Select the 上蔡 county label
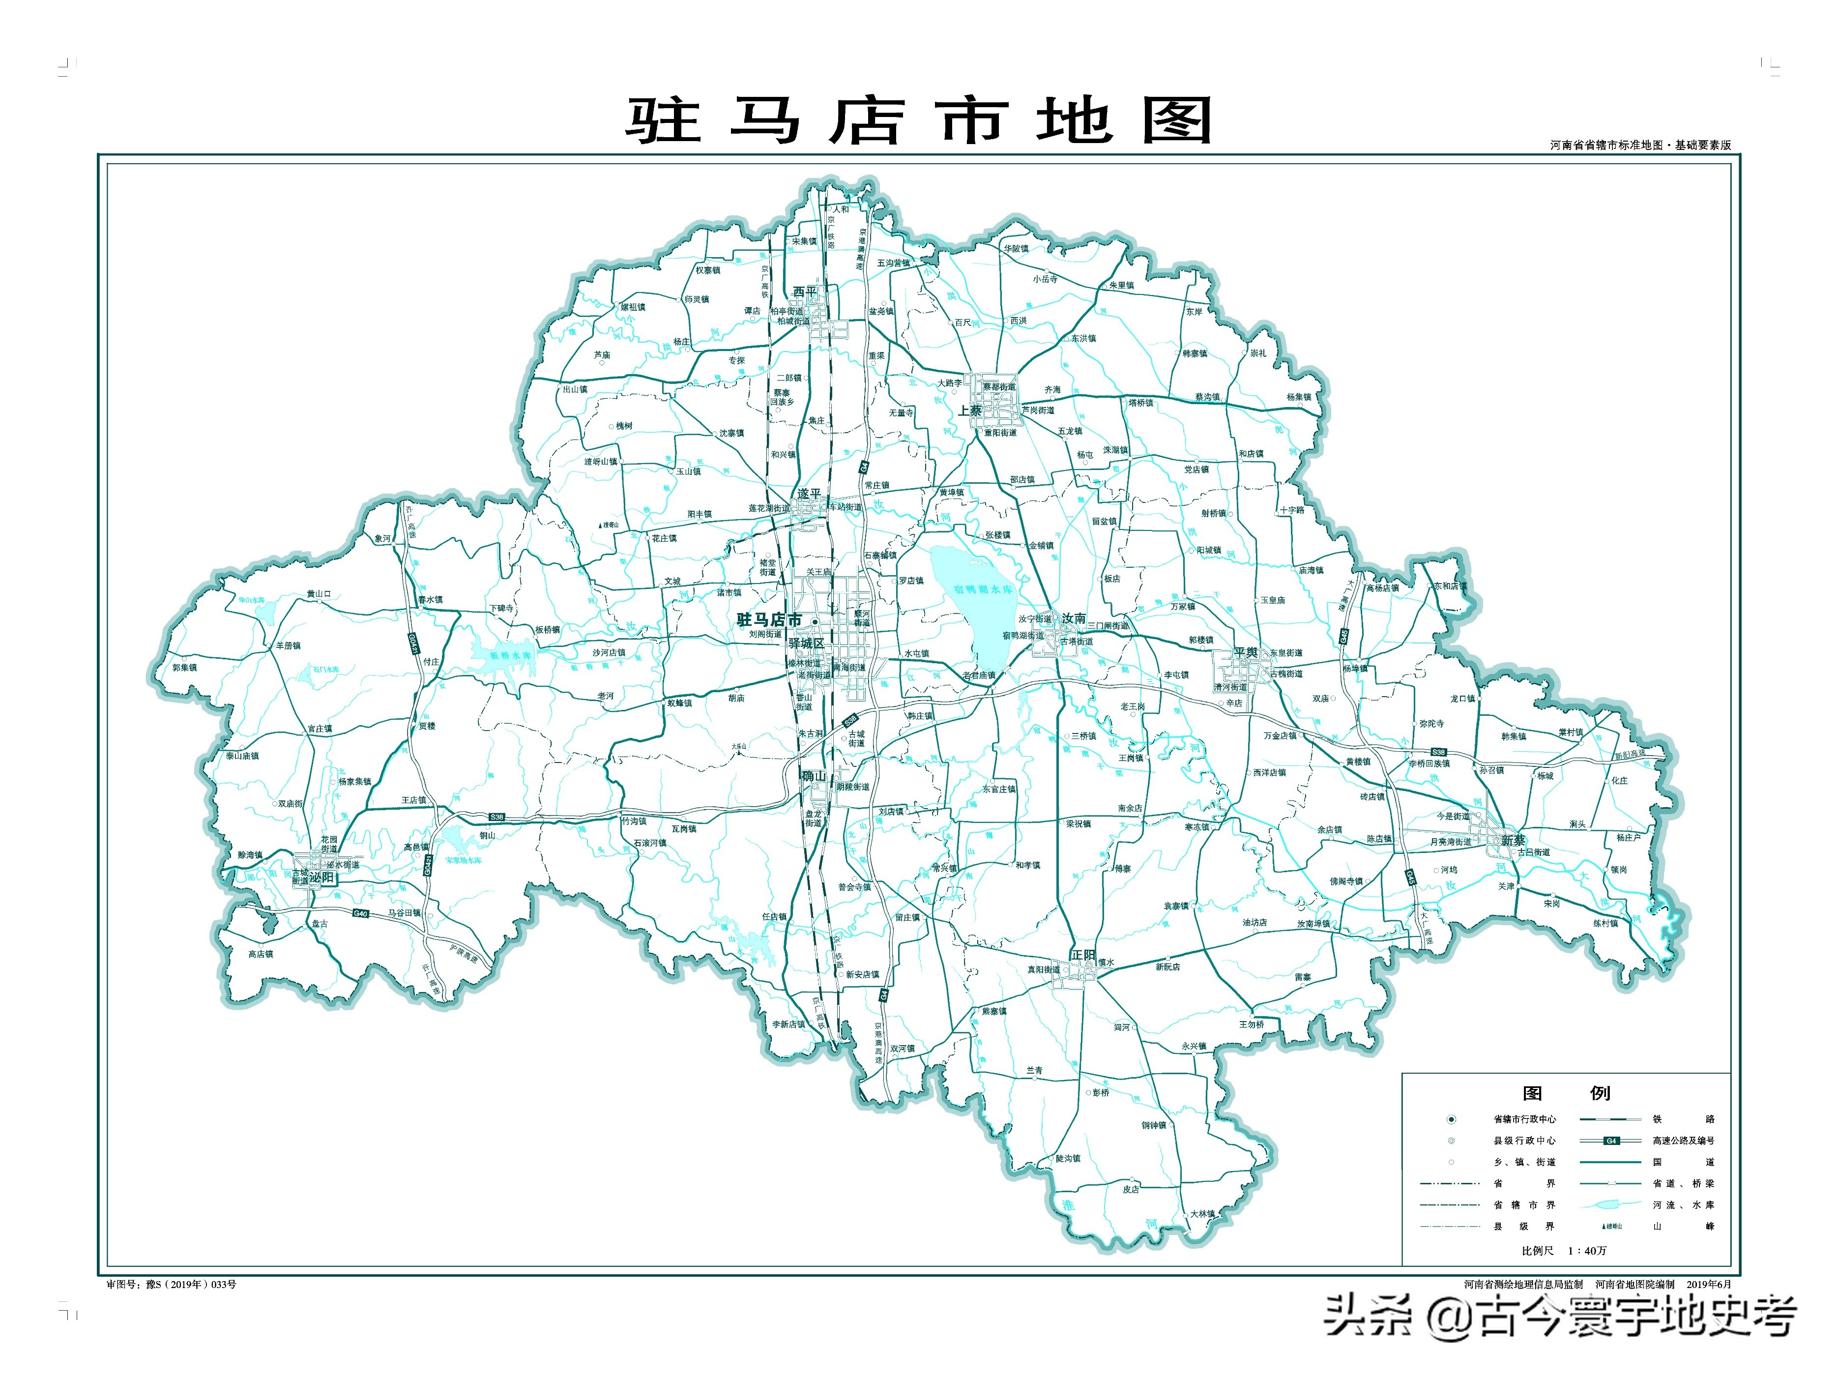[x=970, y=410]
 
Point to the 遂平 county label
[x=809, y=494]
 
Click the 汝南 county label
[x=1074, y=618]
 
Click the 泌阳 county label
[x=321, y=877]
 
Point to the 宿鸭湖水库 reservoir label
[x=983, y=589]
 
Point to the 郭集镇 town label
[x=184, y=668]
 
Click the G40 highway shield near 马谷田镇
[x=360, y=913]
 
